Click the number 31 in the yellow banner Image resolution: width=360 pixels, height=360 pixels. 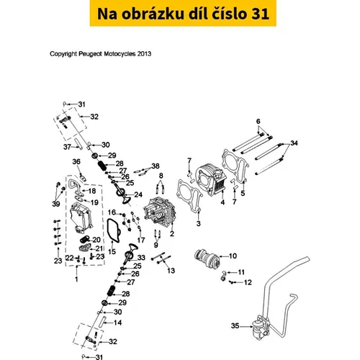pyautogui.click(x=260, y=14)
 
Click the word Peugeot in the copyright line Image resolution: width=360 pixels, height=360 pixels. pyautogui.click(x=91, y=54)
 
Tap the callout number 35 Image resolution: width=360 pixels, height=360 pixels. pyautogui.click(x=235, y=325)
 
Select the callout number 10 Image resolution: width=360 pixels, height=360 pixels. pyautogui.click(x=233, y=256)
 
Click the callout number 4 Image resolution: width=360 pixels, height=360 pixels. pyautogui.click(x=222, y=202)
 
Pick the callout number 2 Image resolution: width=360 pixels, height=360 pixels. pyautogui.click(x=172, y=233)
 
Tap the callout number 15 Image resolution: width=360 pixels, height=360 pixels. pyautogui.click(x=112, y=251)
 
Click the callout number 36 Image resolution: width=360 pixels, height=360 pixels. pyautogui.click(x=76, y=161)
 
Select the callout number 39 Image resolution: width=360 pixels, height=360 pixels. pyautogui.click(x=56, y=204)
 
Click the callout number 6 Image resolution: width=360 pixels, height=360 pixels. pyautogui.click(x=258, y=121)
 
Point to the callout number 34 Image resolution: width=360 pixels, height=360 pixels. pyautogui.click(x=294, y=143)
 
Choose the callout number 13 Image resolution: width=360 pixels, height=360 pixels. pyautogui.click(x=171, y=271)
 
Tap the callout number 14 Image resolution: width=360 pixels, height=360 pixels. pyautogui.click(x=117, y=323)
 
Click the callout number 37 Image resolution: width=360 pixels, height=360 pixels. pyautogui.click(x=67, y=147)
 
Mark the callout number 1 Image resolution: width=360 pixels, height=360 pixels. pyautogui.click(x=76, y=279)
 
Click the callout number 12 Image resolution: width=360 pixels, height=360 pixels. pyautogui.click(x=248, y=282)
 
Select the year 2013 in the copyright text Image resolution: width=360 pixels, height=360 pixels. pyautogui.click(x=144, y=54)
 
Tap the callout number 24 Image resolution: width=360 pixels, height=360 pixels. pyautogui.click(x=138, y=194)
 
